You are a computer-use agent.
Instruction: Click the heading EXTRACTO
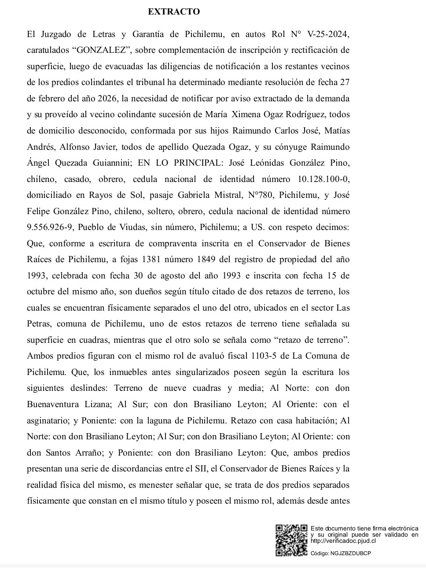coord(174,12)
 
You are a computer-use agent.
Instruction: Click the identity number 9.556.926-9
coord(53,227)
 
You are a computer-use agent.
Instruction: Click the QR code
coord(291,540)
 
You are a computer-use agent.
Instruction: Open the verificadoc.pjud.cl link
coord(343,541)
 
